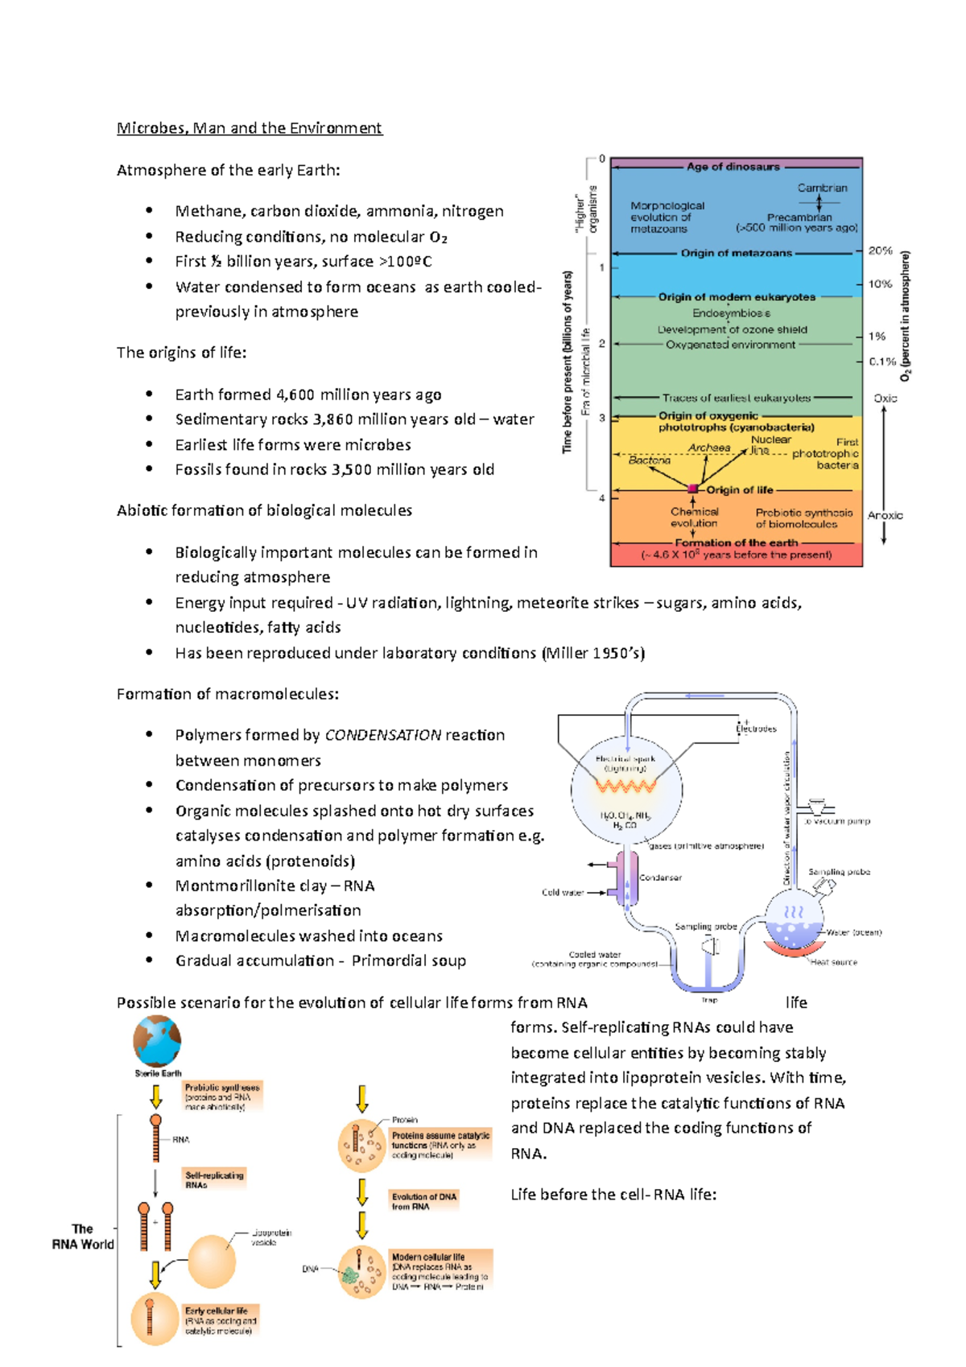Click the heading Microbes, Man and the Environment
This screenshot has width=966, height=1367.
[250, 128]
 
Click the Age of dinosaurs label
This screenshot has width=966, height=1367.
[733, 167]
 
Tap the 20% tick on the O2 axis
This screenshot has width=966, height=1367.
[880, 251]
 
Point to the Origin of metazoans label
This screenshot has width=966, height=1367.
[736, 253]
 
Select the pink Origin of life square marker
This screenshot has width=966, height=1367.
[693, 489]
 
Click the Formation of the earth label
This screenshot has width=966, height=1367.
[736, 543]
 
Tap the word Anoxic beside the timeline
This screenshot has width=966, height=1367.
[885, 515]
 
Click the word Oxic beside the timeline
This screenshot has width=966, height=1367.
[885, 399]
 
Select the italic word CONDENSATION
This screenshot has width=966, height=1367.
[382, 735]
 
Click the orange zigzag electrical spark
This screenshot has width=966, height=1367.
[626, 785]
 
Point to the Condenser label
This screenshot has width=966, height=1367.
[660, 878]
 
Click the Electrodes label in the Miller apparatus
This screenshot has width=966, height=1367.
[757, 729]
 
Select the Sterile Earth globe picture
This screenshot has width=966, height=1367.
[158, 1041]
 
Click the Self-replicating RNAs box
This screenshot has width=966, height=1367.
[214, 1180]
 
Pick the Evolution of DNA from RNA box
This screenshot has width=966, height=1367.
[424, 1201]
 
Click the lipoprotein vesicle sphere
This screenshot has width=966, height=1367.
[212, 1262]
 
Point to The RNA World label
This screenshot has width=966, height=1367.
[82, 1237]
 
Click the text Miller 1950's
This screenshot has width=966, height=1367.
[594, 653]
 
